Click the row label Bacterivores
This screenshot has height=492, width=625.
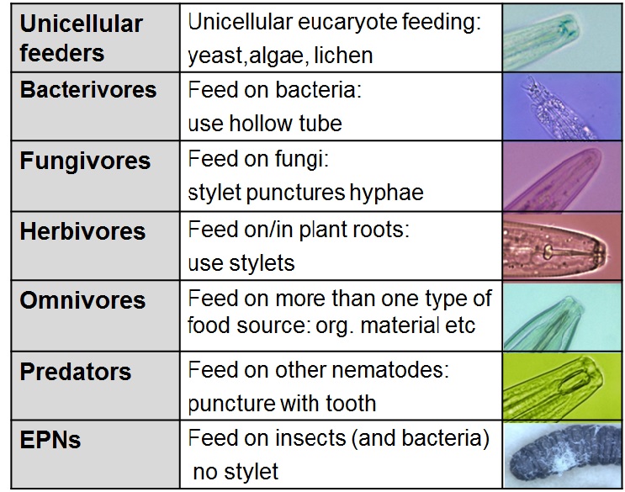click(88, 90)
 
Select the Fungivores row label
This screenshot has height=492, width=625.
click(85, 161)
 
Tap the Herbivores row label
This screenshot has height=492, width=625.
click(82, 231)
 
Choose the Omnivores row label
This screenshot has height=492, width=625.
click(82, 300)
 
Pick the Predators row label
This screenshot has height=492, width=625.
click(76, 372)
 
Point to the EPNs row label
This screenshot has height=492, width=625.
click(50, 440)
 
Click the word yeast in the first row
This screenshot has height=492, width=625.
click(215, 56)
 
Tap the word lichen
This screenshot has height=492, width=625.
click(343, 55)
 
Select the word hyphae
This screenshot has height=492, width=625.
click(386, 193)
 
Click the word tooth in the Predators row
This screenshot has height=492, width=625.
click(351, 403)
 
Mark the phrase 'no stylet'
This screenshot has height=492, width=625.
click(236, 472)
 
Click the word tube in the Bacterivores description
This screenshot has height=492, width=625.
click(320, 123)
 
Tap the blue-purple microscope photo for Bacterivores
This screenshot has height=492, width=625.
click(563, 107)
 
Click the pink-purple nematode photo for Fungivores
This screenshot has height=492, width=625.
click(563, 177)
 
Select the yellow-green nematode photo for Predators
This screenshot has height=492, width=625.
click(563, 386)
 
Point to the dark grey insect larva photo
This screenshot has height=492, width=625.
click(563, 455)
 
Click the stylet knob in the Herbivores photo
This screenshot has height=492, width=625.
click(548, 251)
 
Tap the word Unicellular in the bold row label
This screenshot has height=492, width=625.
click(81, 24)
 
